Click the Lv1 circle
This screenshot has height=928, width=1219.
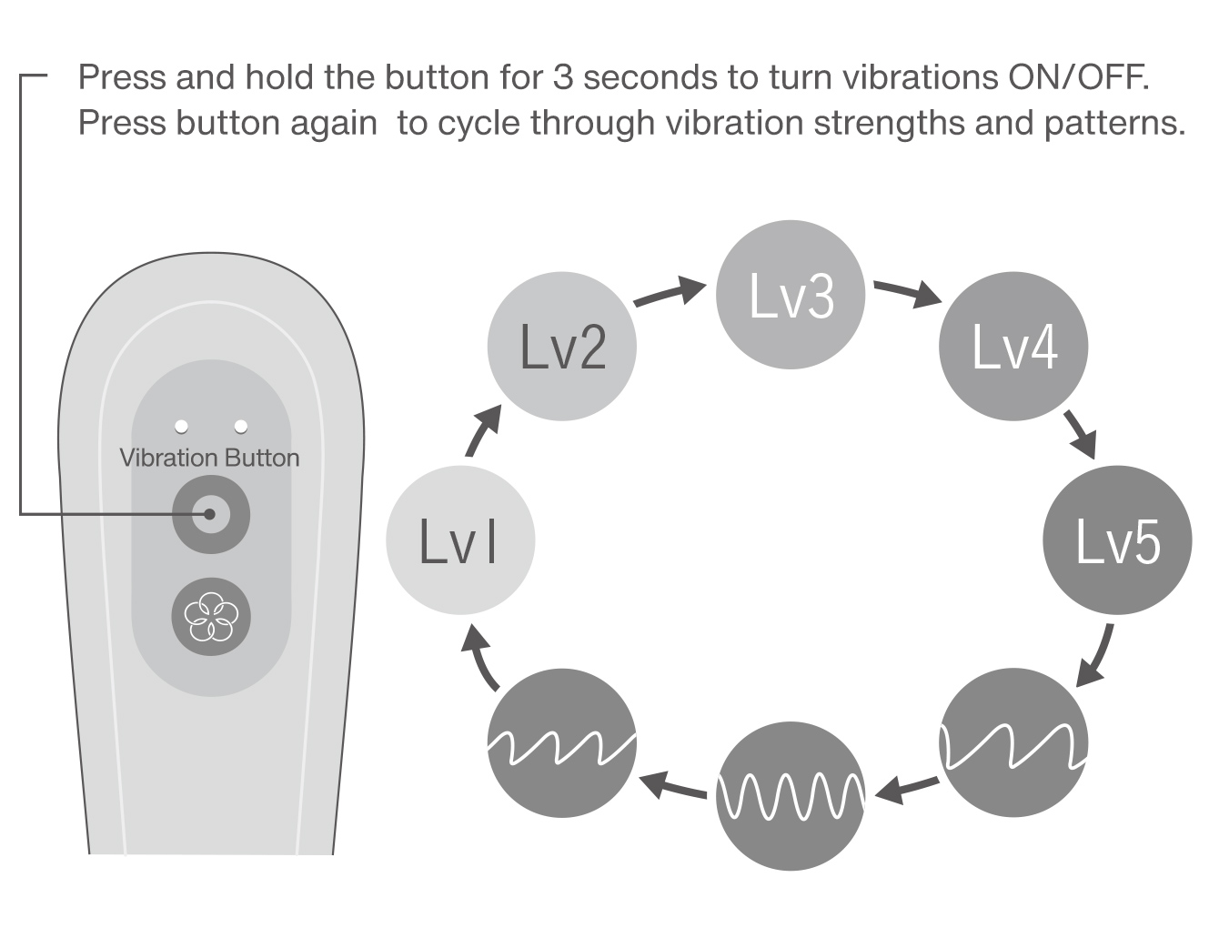pyautogui.click(x=459, y=540)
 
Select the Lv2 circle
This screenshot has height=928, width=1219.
pyautogui.click(x=562, y=347)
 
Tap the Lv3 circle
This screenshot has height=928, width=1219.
pyautogui.click(x=790, y=295)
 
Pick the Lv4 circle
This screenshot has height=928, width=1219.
pyautogui.click(x=1013, y=347)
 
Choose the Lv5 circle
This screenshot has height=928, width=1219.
pyautogui.click(x=1117, y=540)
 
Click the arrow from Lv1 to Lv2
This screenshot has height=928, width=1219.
pyautogui.click(x=483, y=430)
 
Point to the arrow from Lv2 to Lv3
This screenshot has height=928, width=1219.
pyautogui.click(x=670, y=293)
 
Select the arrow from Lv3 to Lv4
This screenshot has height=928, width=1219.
pyautogui.click(x=907, y=293)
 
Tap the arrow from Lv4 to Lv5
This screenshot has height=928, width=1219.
pyautogui.click(x=1080, y=433)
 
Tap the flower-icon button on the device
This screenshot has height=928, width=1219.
pyautogui.click(x=211, y=617)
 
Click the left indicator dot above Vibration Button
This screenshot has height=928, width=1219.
pyautogui.click(x=181, y=426)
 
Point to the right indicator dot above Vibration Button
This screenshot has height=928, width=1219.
pyautogui.click(x=241, y=426)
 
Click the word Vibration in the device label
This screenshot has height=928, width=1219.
pyautogui.click(x=168, y=458)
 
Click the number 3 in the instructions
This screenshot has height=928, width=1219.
pyautogui.click(x=563, y=77)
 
